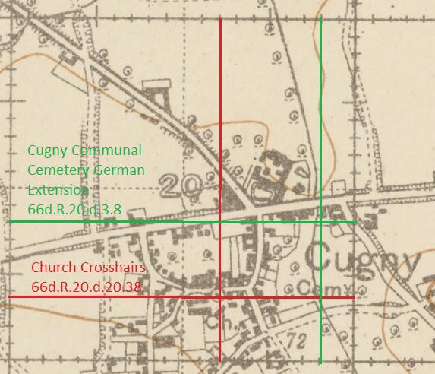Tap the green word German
pos(121,170)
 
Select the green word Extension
pos(58,189)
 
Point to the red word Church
pos(53,268)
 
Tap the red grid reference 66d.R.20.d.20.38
pos(87,287)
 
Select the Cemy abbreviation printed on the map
pos(316,287)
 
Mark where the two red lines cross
pos(219,296)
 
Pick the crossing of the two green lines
pos(321,222)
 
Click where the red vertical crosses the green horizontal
pos(219,222)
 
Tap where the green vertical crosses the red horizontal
pos(321,296)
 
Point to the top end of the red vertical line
pos(219,17)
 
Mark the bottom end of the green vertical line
pos(321,361)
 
